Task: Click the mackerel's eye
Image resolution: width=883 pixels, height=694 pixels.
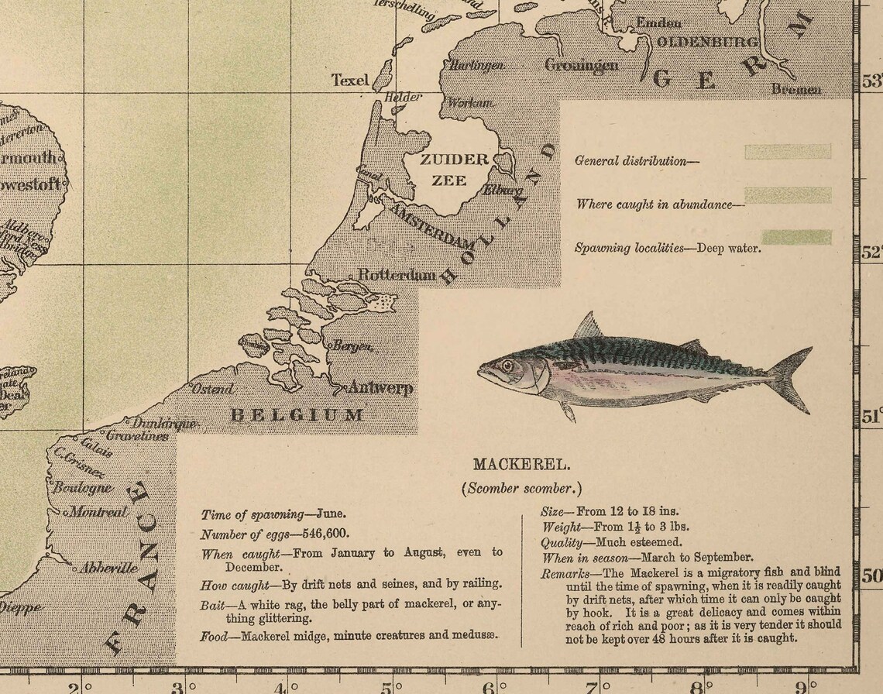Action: (507, 366)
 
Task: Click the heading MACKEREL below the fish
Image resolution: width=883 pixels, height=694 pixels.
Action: (521, 464)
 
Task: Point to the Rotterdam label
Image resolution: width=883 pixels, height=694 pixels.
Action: (397, 275)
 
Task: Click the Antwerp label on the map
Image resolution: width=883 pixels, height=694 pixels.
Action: (380, 388)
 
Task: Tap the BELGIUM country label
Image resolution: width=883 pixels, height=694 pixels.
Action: (297, 414)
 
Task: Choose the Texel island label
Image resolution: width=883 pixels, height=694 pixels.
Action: (349, 80)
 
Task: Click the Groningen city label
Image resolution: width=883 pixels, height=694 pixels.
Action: (582, 65)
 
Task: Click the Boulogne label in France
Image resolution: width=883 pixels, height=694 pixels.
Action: (83, 488)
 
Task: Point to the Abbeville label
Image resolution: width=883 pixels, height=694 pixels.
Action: (108, 568)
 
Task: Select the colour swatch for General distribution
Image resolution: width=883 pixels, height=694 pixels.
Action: (788, 151)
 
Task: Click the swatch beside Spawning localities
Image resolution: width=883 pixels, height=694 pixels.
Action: (796, 237)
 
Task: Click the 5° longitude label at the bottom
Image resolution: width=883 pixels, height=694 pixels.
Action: (390, 685)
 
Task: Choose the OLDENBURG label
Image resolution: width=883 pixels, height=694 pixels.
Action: (707, 42)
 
